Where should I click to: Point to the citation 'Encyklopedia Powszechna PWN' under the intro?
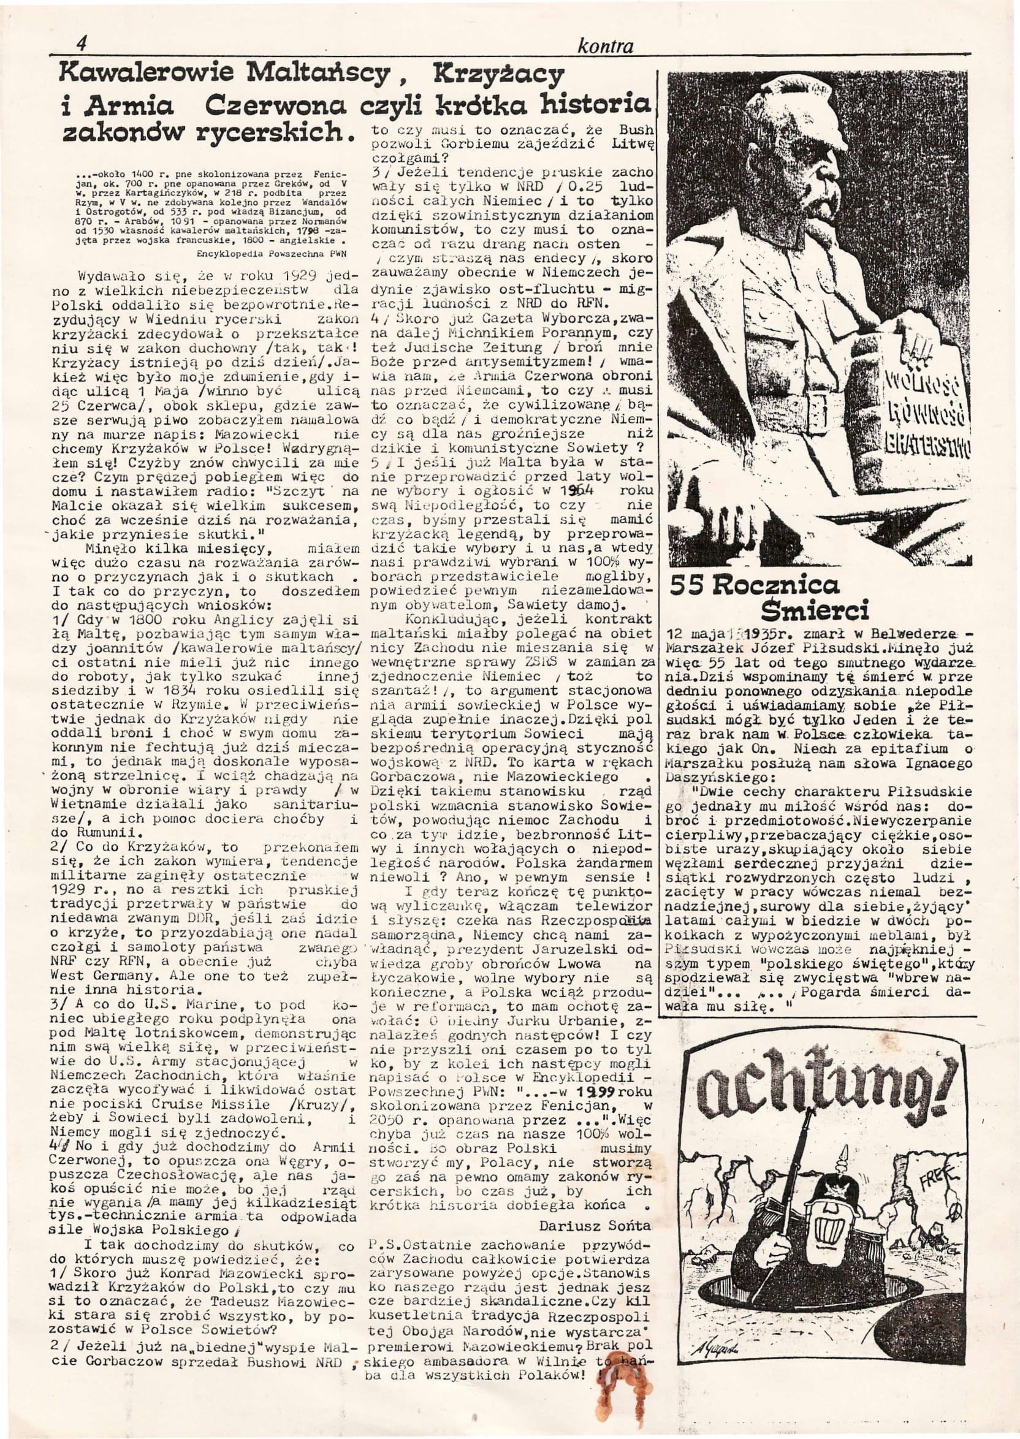272,254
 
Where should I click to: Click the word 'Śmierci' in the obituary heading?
815,610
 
